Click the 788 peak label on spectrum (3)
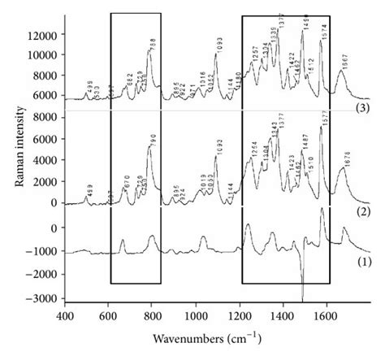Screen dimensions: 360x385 (152, 46)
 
